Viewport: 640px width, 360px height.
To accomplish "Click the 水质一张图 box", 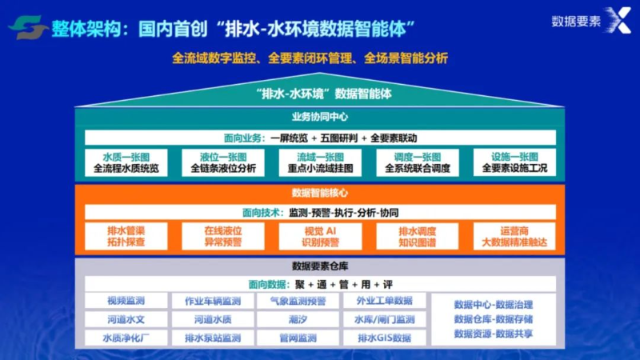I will [126, 162].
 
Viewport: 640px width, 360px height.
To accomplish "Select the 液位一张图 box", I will [223, 162].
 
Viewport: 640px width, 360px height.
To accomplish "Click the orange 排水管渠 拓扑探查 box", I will [126, 235].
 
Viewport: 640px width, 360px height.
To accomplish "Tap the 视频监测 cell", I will [126, 301].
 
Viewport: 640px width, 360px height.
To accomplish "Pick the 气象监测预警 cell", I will [298, 301].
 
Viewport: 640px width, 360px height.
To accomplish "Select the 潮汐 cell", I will [298, 319].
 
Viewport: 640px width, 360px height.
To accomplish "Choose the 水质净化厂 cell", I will [126, 338].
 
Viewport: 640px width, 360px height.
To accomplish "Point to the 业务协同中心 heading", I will [320, 117].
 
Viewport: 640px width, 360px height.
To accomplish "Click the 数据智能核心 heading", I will [320, 193].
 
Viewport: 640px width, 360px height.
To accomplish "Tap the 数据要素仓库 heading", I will [320, 266].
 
